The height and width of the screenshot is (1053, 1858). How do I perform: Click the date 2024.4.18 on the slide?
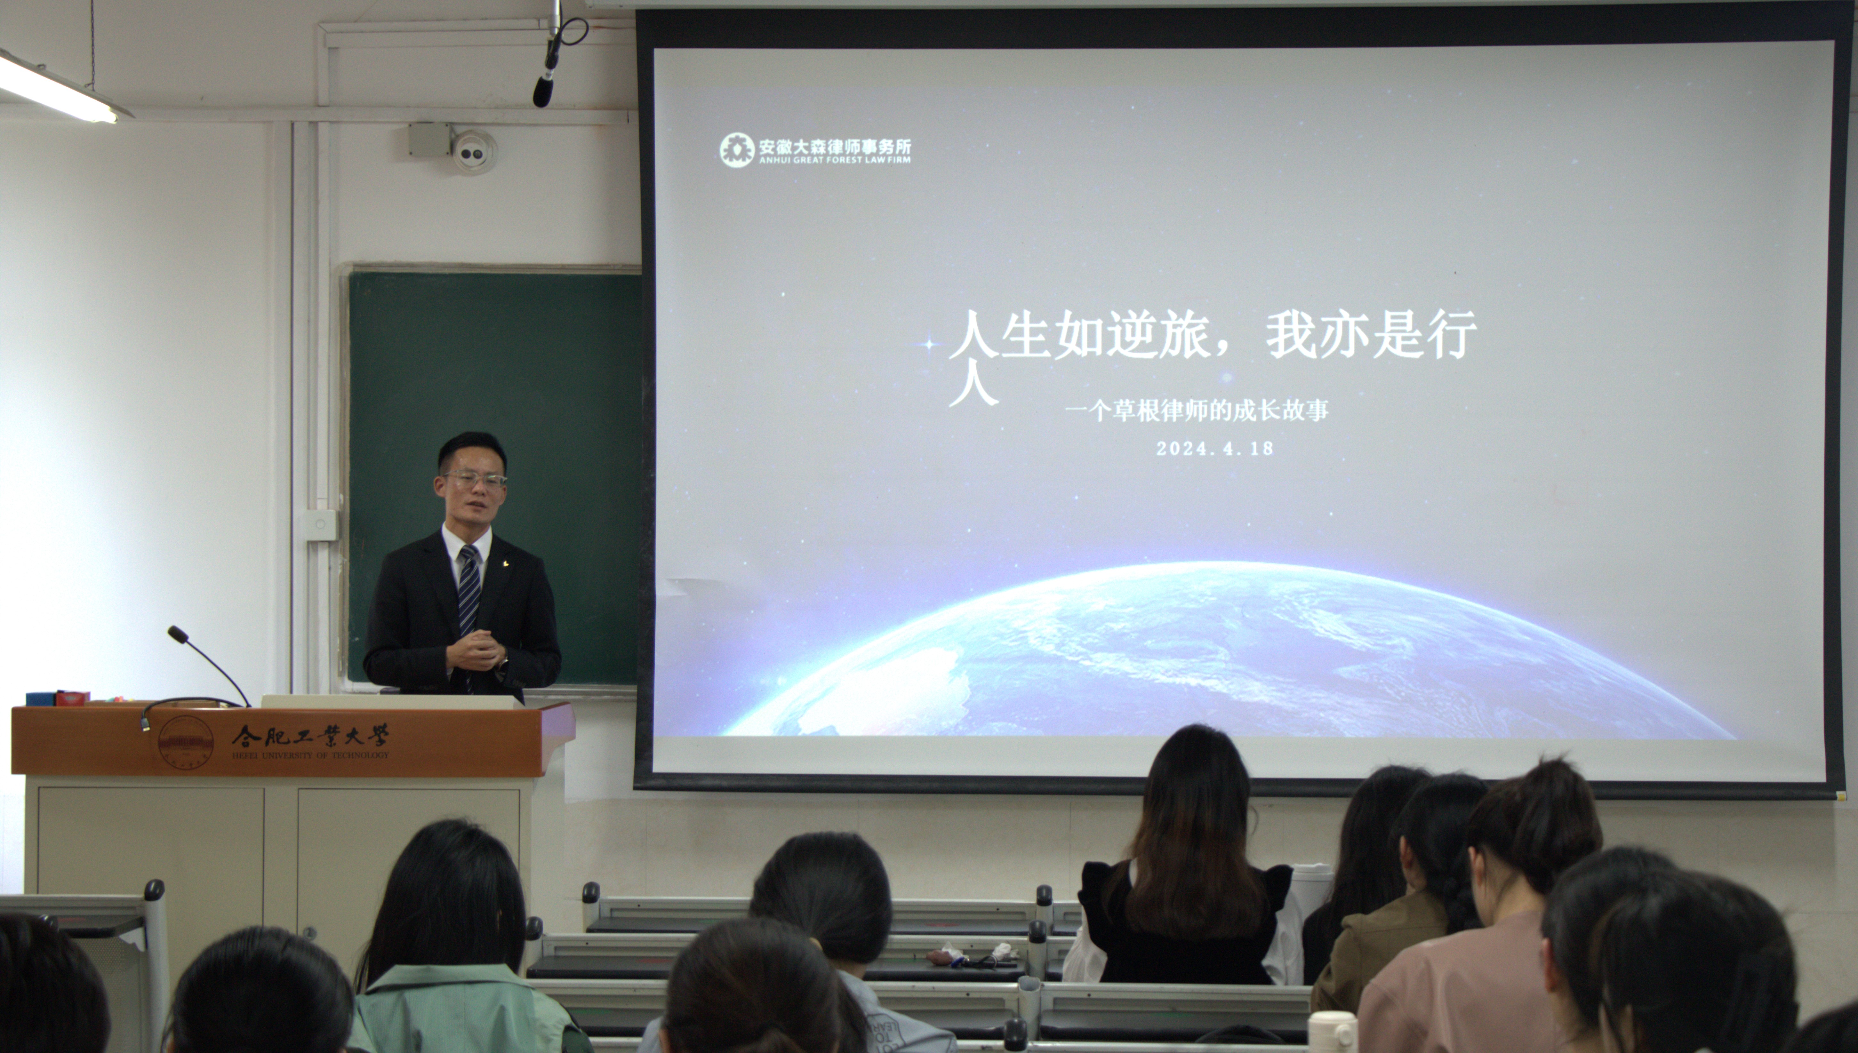(1214, 448)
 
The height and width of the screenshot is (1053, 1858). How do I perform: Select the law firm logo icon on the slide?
(736, 150)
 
